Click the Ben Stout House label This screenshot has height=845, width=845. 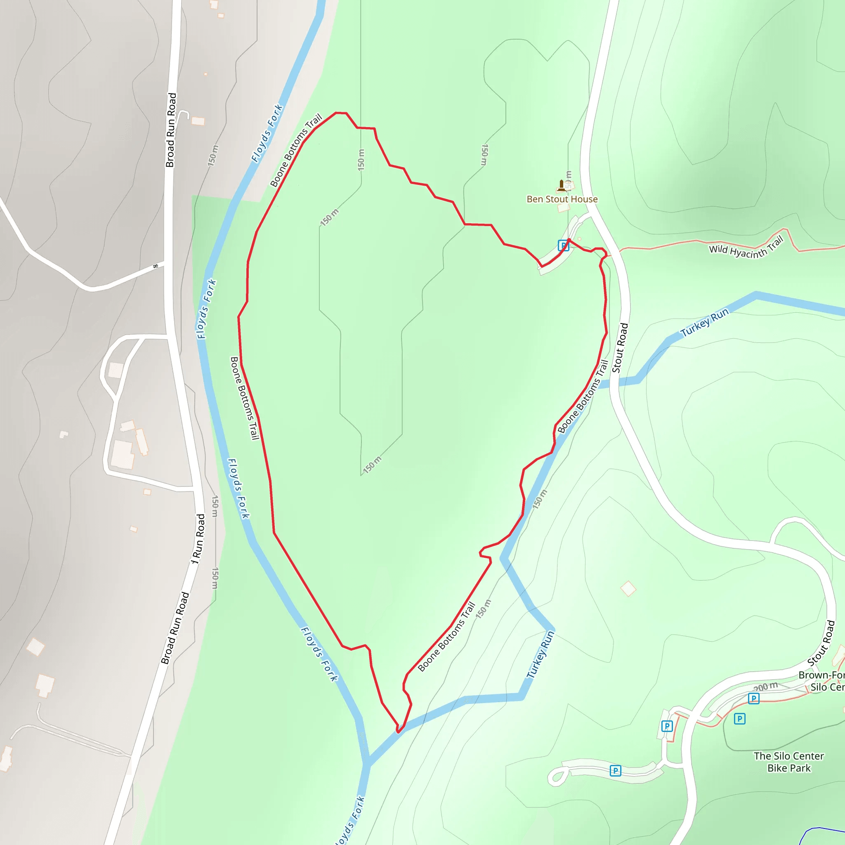pyautogui.click(x=562, y=199)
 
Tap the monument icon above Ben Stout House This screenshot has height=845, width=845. pyautogui.click(x=562, y=185)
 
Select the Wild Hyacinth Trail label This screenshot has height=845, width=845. pyautogui.click(x=746, y=248)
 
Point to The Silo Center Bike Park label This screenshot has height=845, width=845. pyautogui.click(x=788, y=762)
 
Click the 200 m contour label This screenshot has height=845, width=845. pyautogui.click(x=766, y=687)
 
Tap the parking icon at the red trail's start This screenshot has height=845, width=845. pyautogui.click(x=563, y=246)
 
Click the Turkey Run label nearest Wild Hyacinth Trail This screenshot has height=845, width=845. pyautogui.click(x=705, y=322)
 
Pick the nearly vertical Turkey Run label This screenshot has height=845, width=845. pyautogui.click(x=541, y=654)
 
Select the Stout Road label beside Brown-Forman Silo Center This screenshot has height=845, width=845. pyautogui.click(x=821, y=643)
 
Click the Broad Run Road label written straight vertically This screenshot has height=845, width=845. pyautogui.click(x=171, y=130)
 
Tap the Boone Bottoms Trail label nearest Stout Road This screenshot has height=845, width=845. pyautogui.click(x=583, y=396)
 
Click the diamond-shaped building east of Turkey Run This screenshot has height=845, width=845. pyautogui.click(x=628, y=589)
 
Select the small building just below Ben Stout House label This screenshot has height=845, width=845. pyautogui.click(x=563, y=208)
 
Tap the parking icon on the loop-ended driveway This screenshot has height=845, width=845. pyautogui.click(x=615, y=771)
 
